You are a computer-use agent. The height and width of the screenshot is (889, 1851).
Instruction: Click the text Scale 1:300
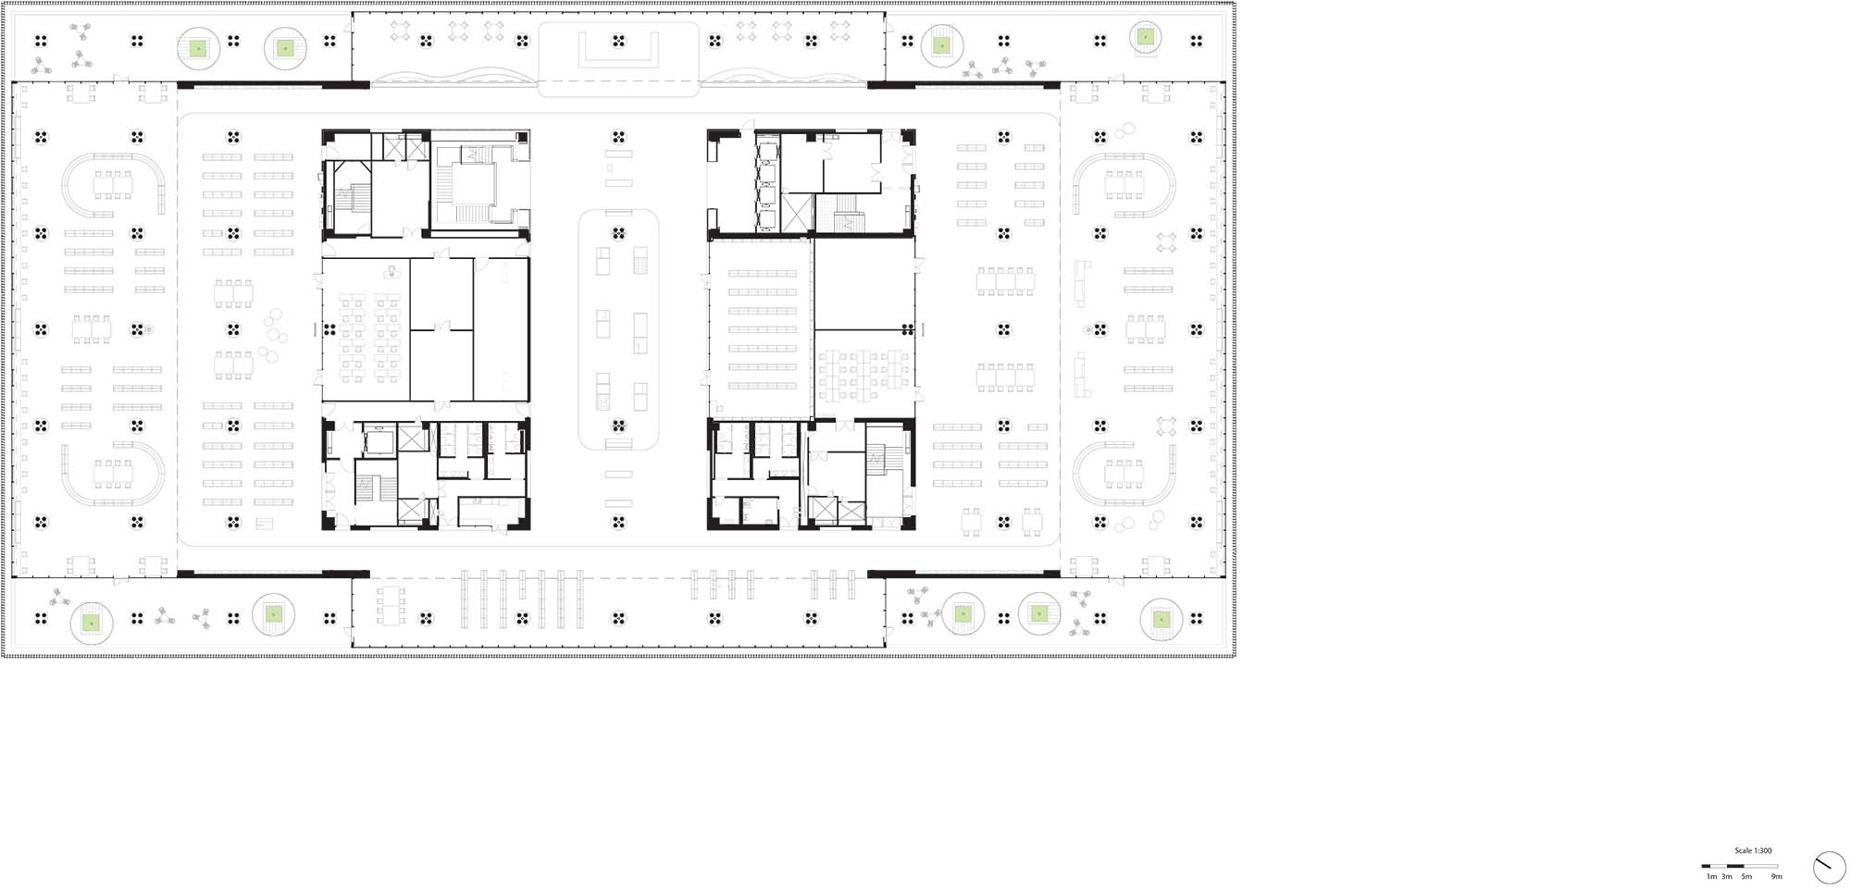coord(1753,851)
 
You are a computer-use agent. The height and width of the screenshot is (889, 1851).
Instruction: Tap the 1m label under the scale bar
coord(1711,876)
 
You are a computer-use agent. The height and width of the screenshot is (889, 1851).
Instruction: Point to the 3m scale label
coord(1727,876)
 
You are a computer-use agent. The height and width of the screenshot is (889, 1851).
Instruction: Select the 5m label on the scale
coord(1746,876)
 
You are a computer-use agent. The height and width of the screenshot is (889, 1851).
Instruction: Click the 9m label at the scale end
coord(1777,876)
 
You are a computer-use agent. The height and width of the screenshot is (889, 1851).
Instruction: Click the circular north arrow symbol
coord(1830,867)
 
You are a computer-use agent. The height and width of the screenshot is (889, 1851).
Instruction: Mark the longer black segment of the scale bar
coord(1735,867)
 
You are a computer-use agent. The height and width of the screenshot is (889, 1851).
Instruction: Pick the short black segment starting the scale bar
coord(1706,867)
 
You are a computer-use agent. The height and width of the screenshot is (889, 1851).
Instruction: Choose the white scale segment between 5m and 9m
coord(1761,867)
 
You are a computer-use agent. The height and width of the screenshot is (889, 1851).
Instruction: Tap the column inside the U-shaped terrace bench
coord(618,41)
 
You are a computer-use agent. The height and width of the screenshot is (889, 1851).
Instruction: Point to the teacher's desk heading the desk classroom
coord(391,272)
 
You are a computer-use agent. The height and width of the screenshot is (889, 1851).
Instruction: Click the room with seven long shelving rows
coord(762,329)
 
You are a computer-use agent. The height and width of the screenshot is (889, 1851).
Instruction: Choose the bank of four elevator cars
coord(766,183)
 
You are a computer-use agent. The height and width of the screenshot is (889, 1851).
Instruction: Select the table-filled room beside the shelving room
coord(863,376)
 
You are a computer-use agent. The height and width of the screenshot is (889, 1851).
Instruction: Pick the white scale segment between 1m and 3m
coord(1719,867)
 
